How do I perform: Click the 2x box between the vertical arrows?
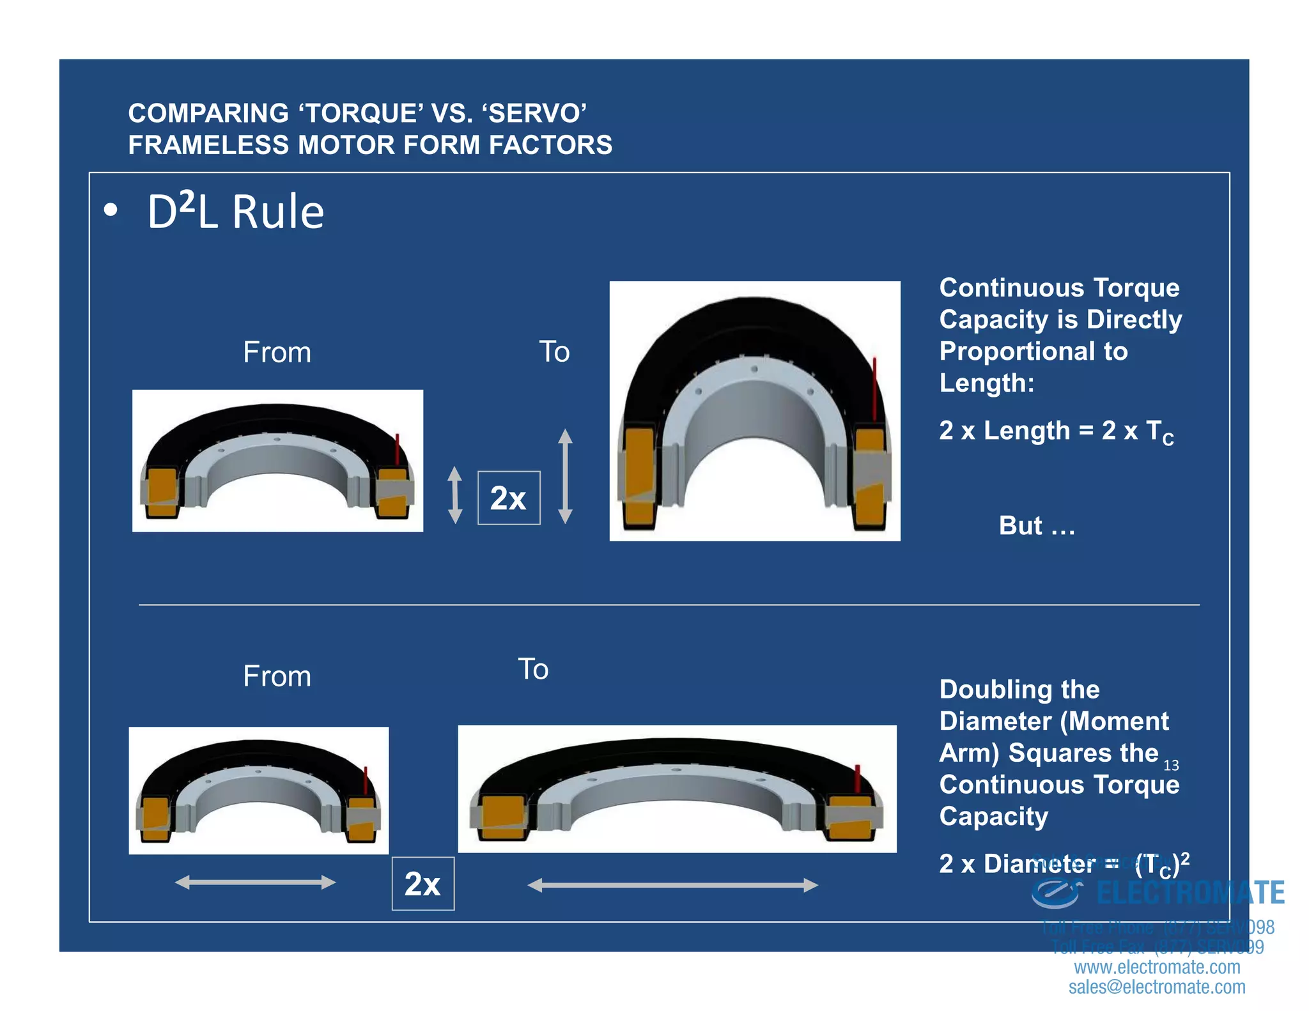(x=509, y=498)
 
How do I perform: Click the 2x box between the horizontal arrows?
(x=422, y=884)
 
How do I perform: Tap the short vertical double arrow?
(x=454, y=495)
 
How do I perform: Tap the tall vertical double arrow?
(x=565, y=476)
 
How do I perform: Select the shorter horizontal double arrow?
(x=255, y=883)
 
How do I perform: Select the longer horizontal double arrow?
(x=672, y=885)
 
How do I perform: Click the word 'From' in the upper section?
(x=277, y=352)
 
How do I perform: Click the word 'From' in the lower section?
(x=277, y=676)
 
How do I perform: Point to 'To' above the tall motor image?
(x=554, y=351)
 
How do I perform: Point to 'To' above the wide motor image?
(x=532, y=669)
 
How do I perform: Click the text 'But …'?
(x=1037, y=525)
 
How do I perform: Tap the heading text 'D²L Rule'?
(x=235, y=212)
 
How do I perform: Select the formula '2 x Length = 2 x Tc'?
(x=1056, y=431)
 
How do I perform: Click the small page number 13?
(x=1171, y=765)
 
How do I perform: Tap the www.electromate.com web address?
(x=1157, y=967)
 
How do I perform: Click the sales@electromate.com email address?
(x=1157, y=987)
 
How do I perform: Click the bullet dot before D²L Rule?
(x=111, y=210)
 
